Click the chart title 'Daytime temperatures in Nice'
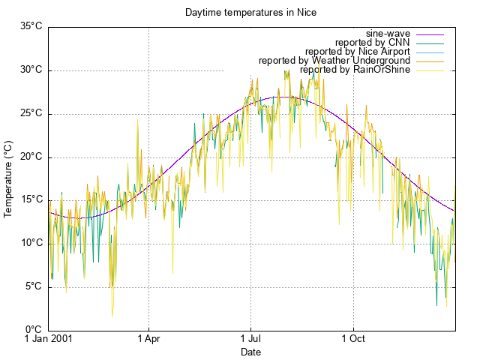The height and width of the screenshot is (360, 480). [240, 13]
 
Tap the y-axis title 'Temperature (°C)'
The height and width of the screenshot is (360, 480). [8, 178]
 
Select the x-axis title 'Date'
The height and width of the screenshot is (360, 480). [250, 352]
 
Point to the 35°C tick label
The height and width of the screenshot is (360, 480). [31, 26]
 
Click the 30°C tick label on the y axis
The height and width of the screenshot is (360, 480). [31, 70]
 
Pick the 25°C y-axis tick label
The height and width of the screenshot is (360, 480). [31, 113]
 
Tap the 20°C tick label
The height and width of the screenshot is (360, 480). [31, 157]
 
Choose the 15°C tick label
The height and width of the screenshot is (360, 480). [31, 199]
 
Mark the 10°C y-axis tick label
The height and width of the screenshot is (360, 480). [31, 243]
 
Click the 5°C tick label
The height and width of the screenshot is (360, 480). [33, 286]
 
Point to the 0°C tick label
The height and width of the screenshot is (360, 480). [33, 330]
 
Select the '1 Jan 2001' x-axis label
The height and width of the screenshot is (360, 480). [49, 339]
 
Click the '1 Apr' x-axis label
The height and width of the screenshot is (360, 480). [148, 339]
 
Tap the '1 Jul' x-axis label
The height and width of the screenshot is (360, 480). [250, 339]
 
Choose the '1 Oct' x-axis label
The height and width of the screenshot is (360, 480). [352, 339]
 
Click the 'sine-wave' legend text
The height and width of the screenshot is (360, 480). [388, 34]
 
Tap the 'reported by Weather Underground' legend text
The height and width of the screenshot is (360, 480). [334, 61]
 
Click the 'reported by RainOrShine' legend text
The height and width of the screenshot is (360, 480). [355, 70]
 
